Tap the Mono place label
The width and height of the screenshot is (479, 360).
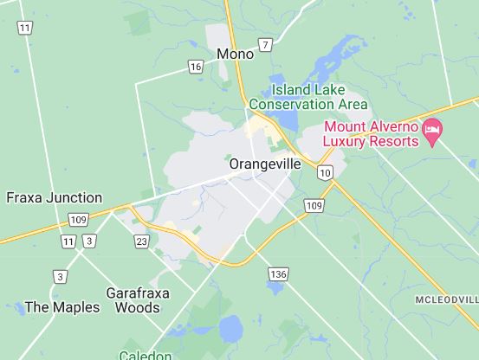pyautogui.click(x=236, y=54)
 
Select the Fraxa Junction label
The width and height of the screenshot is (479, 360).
pyautogui.click(x=54, y=197)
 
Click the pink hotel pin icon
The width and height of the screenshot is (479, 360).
pyautogui.click(x=432, y=131)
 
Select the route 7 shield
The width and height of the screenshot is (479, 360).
pyautogui.click(x=265, y=43)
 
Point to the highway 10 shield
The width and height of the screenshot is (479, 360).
pyautogui.click(x=325, y=173)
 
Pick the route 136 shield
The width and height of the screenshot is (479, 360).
pyautogui.click(x=276, y=274)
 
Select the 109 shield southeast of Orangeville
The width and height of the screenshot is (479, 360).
pyautogui.click(x=314, y=205)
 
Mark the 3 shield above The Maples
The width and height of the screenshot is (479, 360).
pyautogui.click(x=59, y=277)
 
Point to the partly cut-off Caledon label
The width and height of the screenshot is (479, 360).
pyautogui.click(x=146, y=354)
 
